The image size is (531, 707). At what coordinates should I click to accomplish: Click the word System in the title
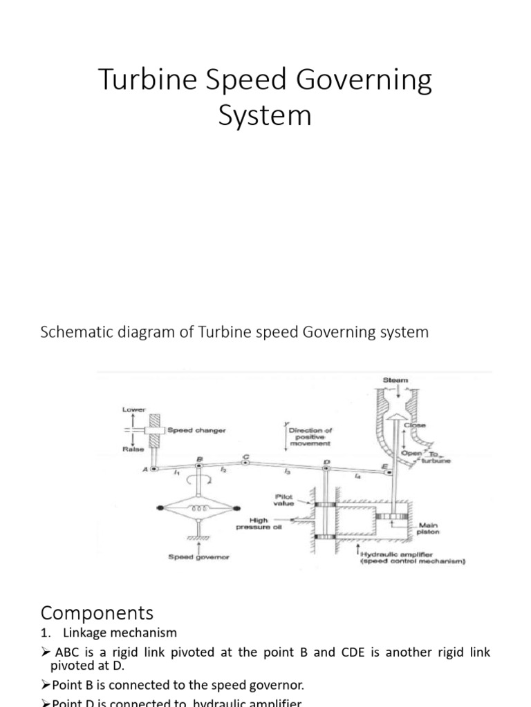tap(265, 115)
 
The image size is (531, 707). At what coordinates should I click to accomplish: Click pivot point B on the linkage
tap(199, 467)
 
